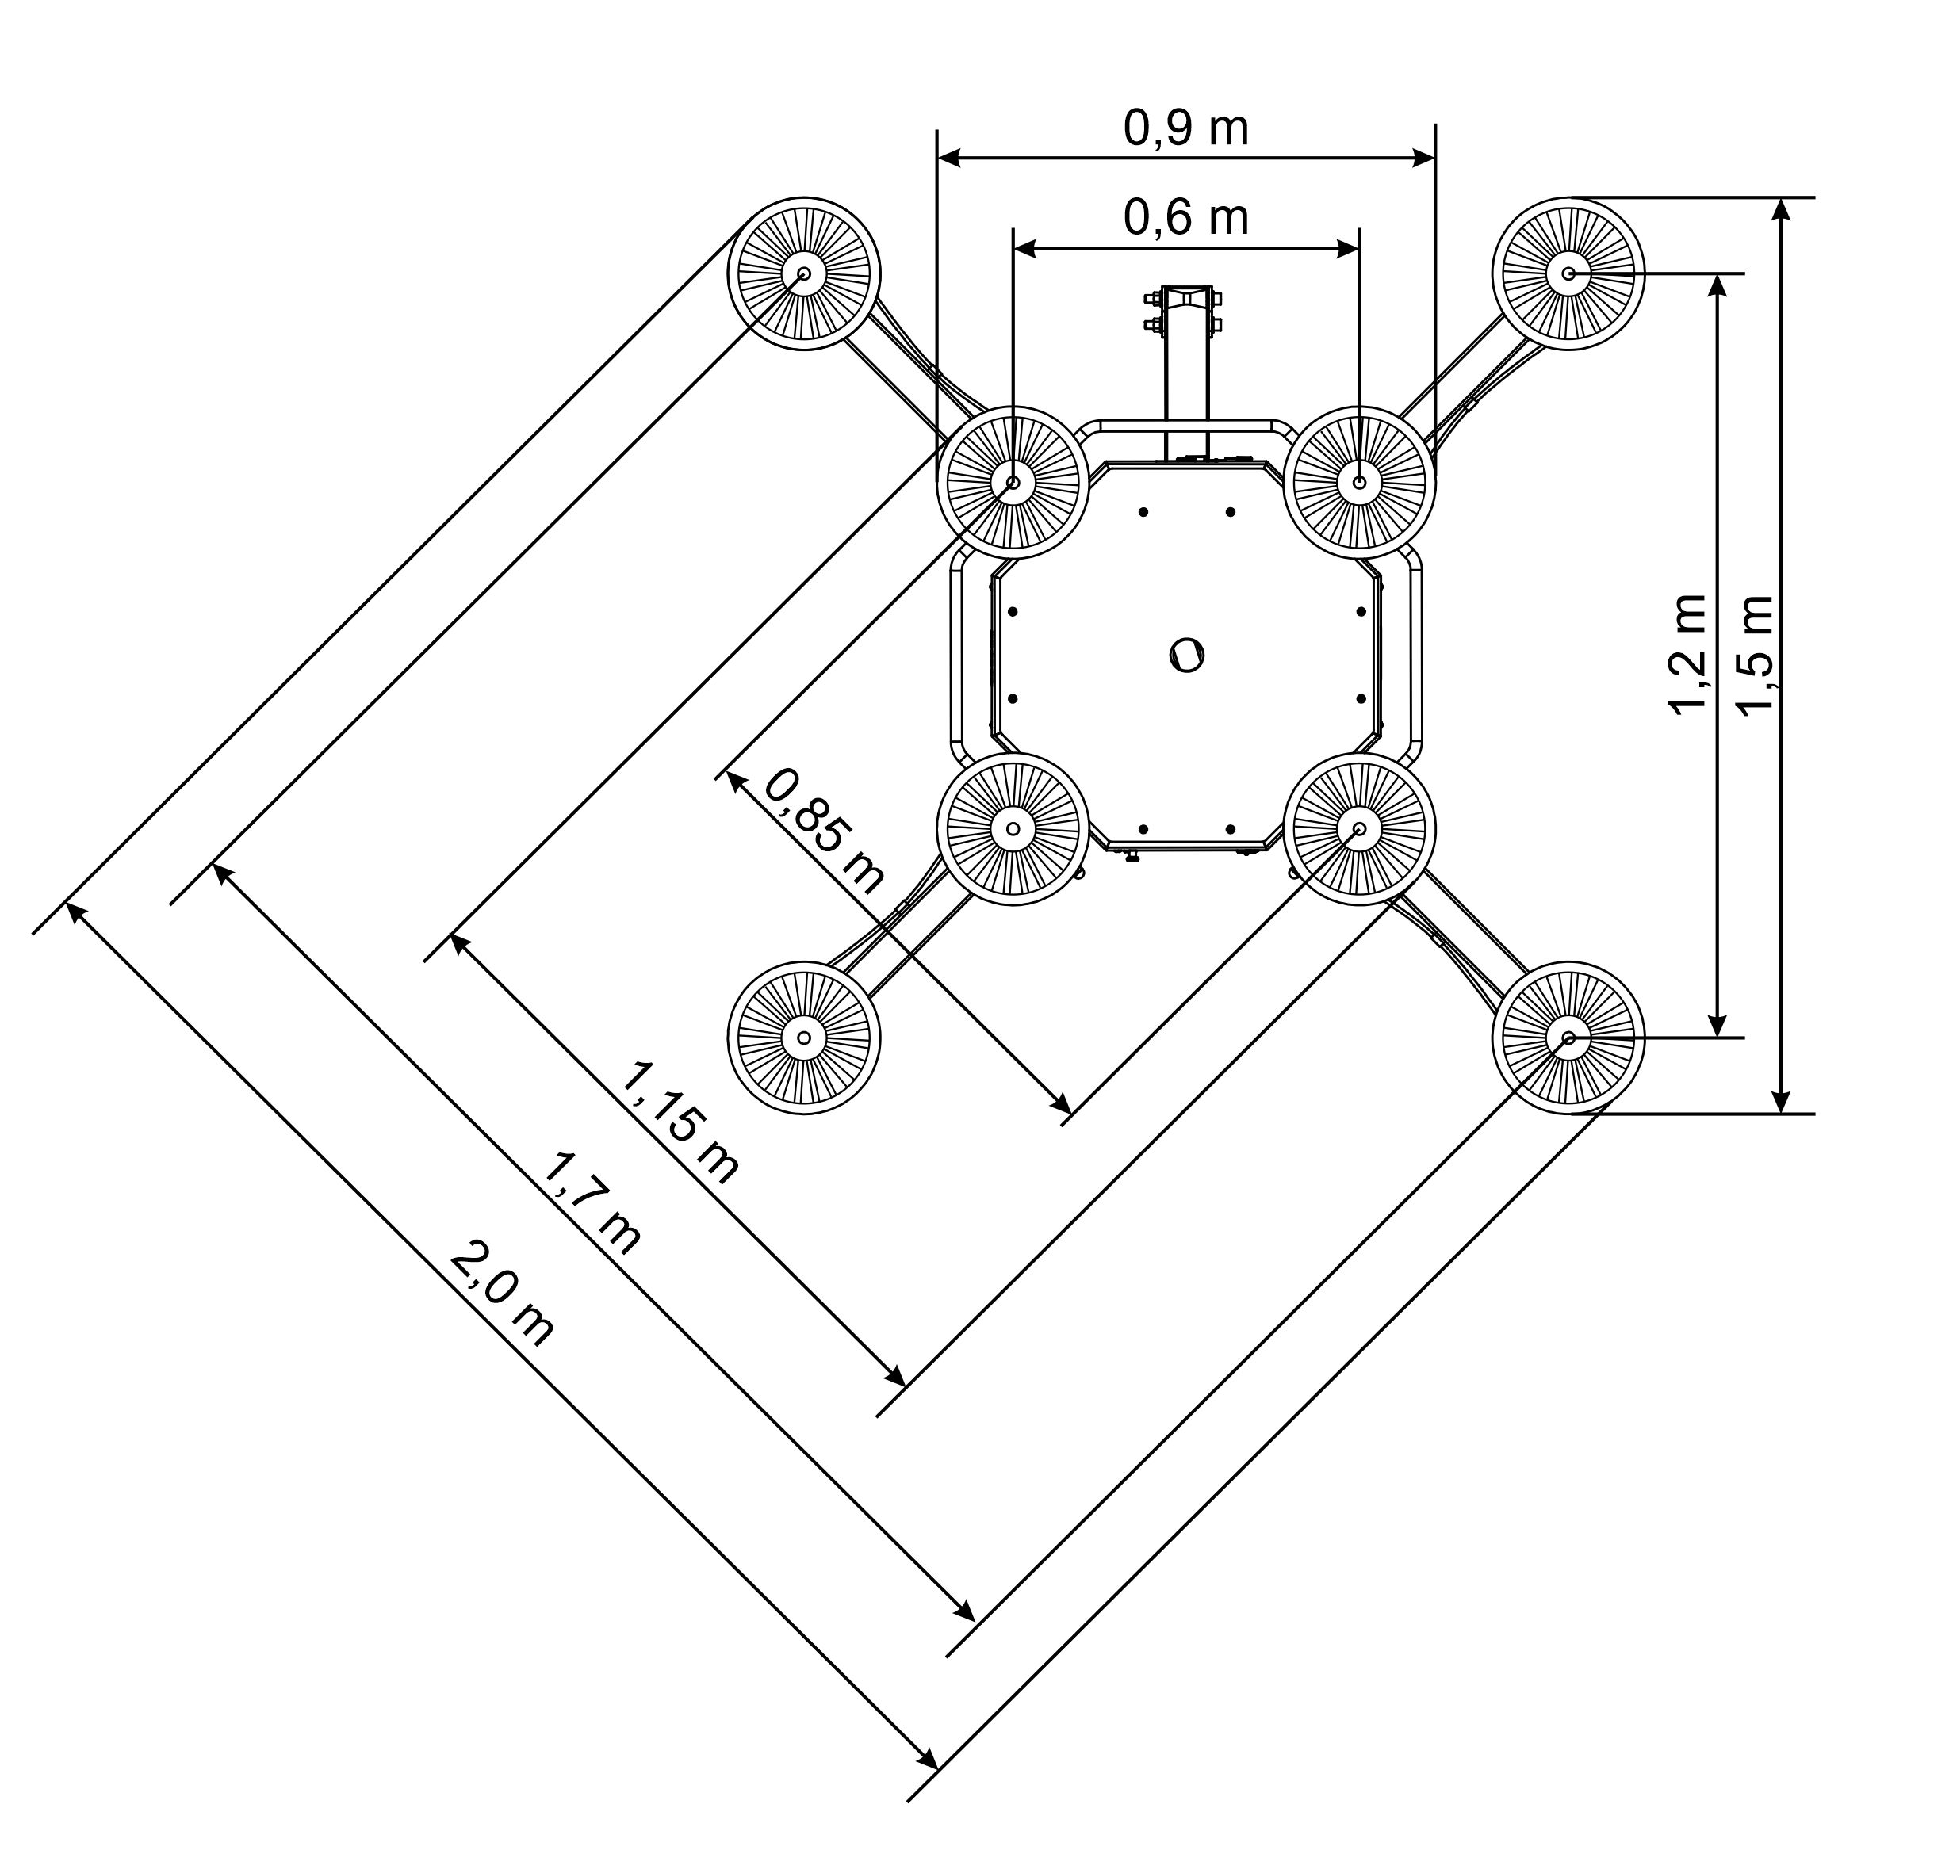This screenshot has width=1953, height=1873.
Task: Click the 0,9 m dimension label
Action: click(1185, 128)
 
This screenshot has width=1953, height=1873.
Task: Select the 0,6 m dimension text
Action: click(1185, 217)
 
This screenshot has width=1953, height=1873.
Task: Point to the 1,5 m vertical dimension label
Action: click(1755, 655)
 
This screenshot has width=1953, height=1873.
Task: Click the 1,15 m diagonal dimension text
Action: click(680, 1123)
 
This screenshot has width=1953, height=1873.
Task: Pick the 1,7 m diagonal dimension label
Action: click(591, 1202)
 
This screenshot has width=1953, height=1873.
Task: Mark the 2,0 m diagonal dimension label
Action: click(501, 1294)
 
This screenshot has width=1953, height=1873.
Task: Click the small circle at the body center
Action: click(1187, 656)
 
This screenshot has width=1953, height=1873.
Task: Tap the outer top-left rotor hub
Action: click(804, 273)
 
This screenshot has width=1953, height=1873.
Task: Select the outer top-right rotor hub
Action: click(1568, 273)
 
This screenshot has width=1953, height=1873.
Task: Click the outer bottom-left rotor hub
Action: click(804, 1037)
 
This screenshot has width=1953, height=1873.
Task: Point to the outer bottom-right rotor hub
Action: click(1568, 1037)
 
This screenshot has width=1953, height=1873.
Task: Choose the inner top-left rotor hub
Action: click(1013, 482)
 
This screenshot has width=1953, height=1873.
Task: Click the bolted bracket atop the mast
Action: click(1185, 311)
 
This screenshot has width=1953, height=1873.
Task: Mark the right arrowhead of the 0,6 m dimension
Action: click(1348, 248)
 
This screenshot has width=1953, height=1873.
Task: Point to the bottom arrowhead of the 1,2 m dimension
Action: click(1717, 1025)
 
